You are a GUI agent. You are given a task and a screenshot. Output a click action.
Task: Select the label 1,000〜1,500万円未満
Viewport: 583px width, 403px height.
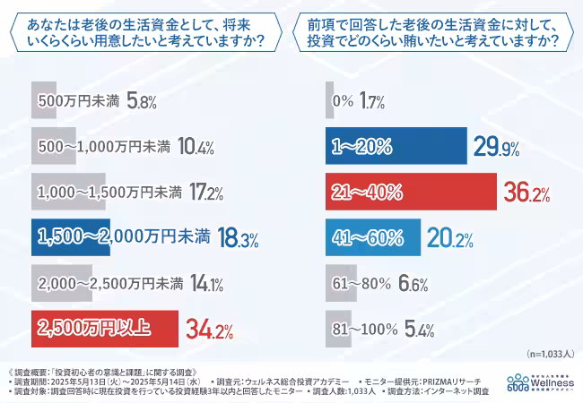click(109, 193)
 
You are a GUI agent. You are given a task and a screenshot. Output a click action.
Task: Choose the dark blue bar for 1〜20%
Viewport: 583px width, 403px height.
click(396, 147)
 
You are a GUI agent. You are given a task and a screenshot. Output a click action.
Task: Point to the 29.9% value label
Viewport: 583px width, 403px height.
click(500, 147)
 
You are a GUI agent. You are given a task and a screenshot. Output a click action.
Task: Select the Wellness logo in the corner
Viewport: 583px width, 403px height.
click(540, 382)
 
